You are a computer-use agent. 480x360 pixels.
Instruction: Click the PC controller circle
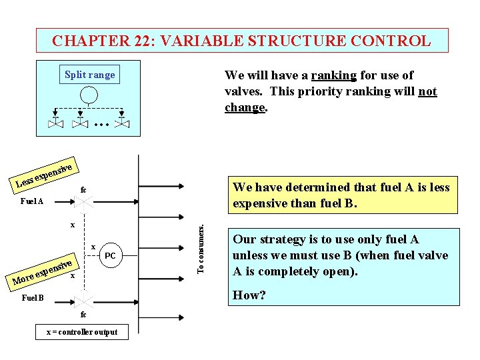pyautogui.click(x=110, y=256)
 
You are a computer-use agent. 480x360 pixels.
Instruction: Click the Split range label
pyautogui.click(x=89, y=75)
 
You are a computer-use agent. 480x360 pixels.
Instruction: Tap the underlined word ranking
pyautogui.click(x=333, y=75)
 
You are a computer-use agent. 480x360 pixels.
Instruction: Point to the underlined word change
pyautogui.click(x=245, y=107)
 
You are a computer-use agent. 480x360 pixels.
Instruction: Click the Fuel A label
pyautogui.click(x=31, y=201)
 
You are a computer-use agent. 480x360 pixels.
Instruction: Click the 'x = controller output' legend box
pyautogui.click(x=81, y=331)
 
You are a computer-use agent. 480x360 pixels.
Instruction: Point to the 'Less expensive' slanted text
pyautogui.click(x=43, y=172)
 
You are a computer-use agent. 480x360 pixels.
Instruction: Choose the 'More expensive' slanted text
pyautogui.click(x=42, y=270)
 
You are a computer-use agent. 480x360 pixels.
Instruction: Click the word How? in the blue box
pyautogui.click(x=249, y=295)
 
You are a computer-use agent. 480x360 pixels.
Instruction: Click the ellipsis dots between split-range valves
pyautogui.click(x=101, y=123)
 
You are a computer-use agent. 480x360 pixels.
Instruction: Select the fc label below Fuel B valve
pyautogui.click(x=83, y=315)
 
